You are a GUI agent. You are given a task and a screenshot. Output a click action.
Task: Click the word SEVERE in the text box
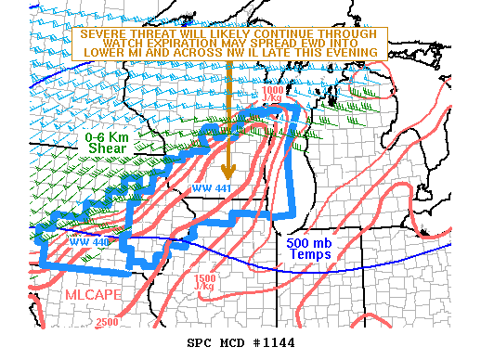101,33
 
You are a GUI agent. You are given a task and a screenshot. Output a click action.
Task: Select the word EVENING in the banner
350,52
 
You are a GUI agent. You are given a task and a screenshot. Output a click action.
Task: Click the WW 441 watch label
210,188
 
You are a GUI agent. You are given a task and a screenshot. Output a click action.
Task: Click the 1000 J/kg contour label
272,92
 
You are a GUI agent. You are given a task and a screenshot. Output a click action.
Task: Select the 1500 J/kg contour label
205,281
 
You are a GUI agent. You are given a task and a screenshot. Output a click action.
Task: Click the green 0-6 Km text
108,137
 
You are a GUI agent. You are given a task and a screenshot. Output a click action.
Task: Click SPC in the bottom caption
200,342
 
